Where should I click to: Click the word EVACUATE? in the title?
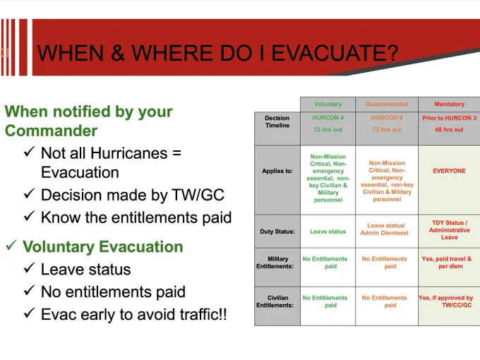coord(335,53)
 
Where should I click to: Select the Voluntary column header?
coord(328,104)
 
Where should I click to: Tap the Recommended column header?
coord(387,104)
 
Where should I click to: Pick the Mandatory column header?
coord(449,104)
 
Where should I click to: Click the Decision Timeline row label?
coord(277,121)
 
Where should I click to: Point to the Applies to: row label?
coord(277,171)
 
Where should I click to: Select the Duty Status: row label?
coord(277,232)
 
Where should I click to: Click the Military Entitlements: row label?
coord(275,263)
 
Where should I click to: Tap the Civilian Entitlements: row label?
coord(275,301)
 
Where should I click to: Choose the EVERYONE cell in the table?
coord(449,171)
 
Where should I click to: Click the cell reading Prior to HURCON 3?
coord(449,118)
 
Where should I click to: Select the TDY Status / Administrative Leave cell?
coord(449,230)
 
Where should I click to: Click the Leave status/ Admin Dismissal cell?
coord(385,229)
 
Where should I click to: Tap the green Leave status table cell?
coord(328,232)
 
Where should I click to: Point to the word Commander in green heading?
coord(51,131)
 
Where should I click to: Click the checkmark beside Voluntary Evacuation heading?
coord(11,245)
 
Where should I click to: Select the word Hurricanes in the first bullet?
coord(129,152)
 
